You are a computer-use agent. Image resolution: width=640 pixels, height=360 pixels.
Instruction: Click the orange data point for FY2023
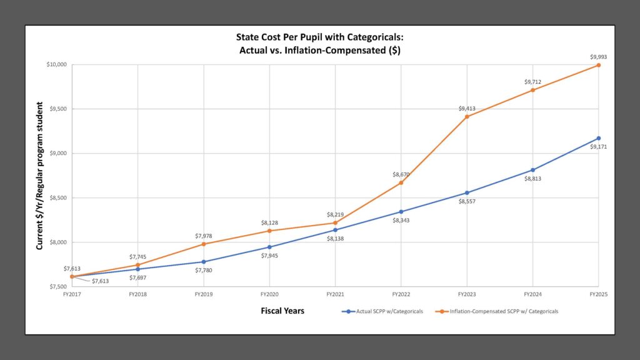pyautogui.click(x=467, y=117)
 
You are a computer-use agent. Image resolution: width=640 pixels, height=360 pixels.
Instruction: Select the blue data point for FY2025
pyautogui.click(x=599, y=138)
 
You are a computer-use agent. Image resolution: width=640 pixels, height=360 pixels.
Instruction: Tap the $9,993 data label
pyautogui.click(x=599, y=57)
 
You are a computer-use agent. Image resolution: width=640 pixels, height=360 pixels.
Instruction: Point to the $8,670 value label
pyautogui.click(x=401, y=174)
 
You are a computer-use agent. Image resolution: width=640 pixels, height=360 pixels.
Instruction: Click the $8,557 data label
pyautogui.click(x=467, y=201)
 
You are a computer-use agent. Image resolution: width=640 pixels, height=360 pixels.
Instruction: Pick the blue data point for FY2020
pyautogui.click(x=269, y=247)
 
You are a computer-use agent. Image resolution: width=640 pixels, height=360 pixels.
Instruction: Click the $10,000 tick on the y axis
pyautogui.click(x=57, y=64)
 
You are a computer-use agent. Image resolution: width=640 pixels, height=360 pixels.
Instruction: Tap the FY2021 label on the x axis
pyautogui.click(x=335, y=294)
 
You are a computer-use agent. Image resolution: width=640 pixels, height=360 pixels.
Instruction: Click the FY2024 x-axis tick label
pyautogui.click(x=532, y=294)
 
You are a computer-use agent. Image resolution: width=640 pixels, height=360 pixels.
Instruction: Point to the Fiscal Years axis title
pyautogui.click(x=282, y=311)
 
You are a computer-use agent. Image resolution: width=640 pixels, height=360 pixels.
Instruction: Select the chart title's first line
pyautogui.click(x=320, y=39)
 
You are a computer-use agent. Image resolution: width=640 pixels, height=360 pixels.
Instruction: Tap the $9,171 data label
pyautogui.click(x=599, y=147)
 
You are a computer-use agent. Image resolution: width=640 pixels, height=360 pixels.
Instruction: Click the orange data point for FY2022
pyautogui.click(x=401, y=182)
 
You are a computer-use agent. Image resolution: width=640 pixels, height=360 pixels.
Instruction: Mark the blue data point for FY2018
pyautogui.click(x=137, y=269)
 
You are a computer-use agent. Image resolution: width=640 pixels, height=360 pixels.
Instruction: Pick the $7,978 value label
pyautogui.click(x=204, y=236)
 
